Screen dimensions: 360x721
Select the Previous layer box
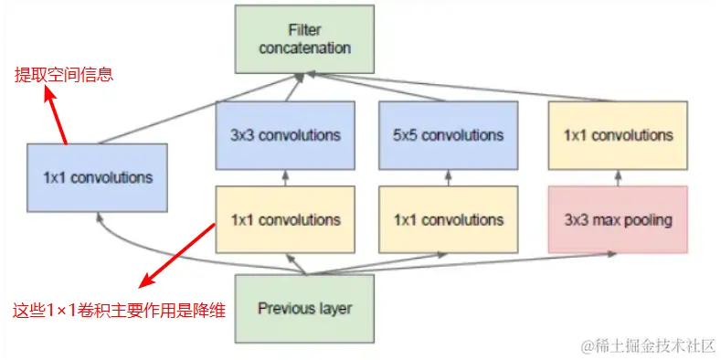click(x=304, y=309)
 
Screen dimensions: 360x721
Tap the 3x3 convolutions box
click(x=285, y=135)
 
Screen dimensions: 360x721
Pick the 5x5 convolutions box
click(x=448, y=135)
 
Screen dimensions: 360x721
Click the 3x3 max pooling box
click(x=618, y=219)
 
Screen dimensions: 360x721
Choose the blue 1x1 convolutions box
click(x=97, y=177)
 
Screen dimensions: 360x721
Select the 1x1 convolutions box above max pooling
click(x=618, y=135)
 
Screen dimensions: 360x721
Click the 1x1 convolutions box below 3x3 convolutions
click(x=285, y=219)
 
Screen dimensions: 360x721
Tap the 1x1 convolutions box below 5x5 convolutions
click(x=448, y=219)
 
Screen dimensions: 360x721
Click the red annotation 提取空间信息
click(x=64, y=75)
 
